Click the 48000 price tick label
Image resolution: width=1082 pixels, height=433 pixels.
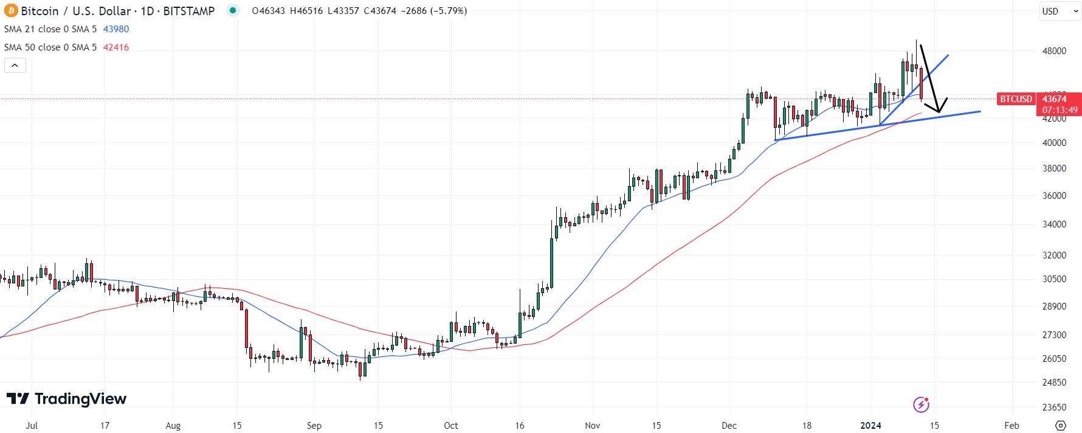(x=1054, y=51)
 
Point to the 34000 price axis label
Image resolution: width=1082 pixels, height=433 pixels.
(x=1054, y=224)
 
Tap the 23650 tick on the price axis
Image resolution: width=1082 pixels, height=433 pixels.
(x=1054, y=407)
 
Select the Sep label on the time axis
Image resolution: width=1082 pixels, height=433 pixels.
(x=314, y=426)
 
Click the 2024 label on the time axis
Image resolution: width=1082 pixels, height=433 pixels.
(x=870, y=426)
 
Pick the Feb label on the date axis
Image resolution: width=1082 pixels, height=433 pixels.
(x=1011, y=426)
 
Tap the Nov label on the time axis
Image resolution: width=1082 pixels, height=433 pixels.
(x=593, y=426)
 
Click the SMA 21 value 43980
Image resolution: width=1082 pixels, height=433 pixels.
(x=116, y=29)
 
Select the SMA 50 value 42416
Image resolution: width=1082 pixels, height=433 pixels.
(x=116, y=47)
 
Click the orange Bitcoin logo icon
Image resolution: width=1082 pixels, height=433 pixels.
(x=11, y=11)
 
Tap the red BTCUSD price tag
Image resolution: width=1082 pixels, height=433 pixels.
(x=1016, y=99)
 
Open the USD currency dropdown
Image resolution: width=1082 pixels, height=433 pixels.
(x=1058, y=11)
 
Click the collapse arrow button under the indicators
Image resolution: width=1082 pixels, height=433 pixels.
(x=15, y=65)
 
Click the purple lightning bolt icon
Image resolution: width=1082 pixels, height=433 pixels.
(x=921, y=404)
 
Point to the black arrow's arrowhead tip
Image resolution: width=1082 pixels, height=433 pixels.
(x=939, y=113)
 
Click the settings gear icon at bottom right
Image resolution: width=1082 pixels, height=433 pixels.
(x=1061, y=425)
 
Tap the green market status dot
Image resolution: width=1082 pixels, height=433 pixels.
(x=233, y=10)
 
